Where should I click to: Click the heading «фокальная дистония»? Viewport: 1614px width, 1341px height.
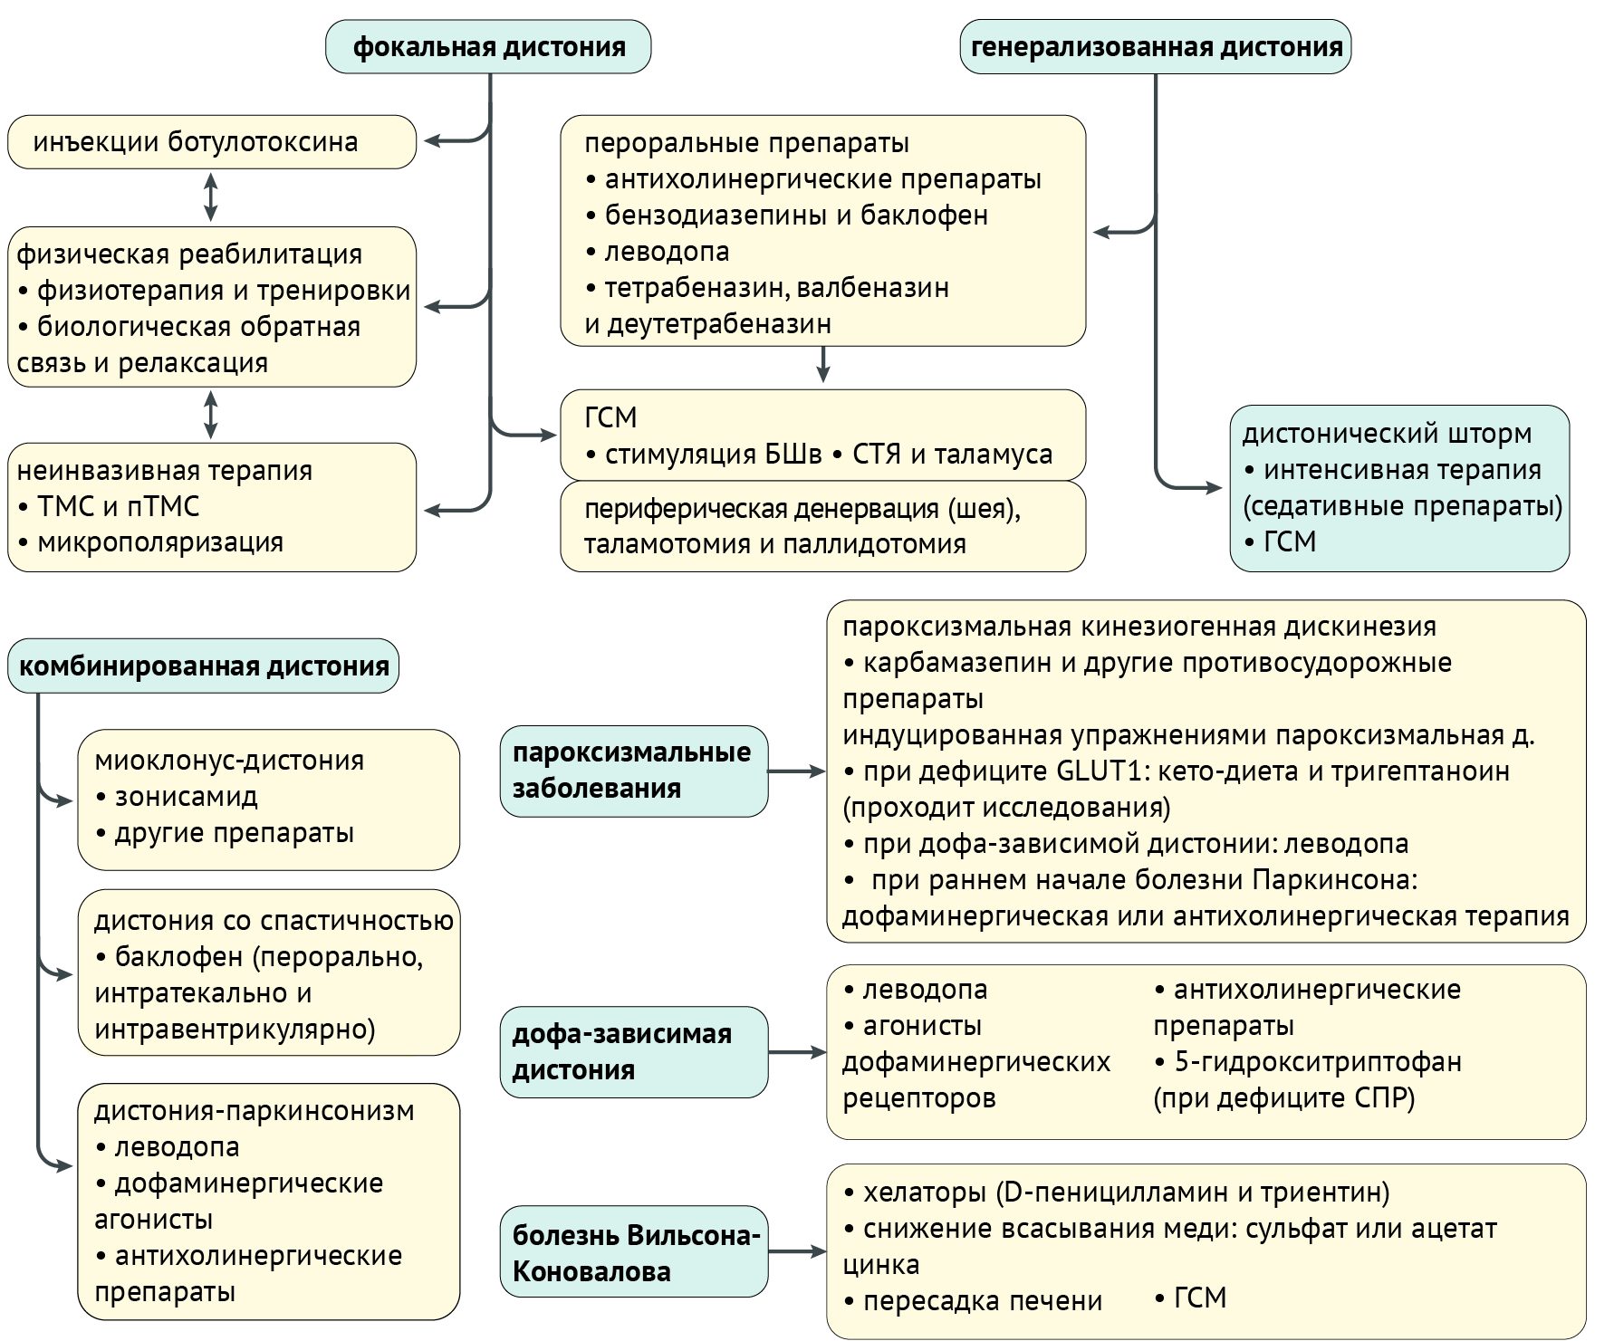pyautogui.click(x=488, y=47)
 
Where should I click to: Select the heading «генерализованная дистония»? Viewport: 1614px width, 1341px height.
pyautogui.click(x=1156, y=47)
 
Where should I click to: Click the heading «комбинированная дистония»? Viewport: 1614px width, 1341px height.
pyautogui.click(x=204, y=667)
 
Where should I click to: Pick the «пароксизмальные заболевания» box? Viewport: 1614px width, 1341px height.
pyautogui.click(x=633, y=771)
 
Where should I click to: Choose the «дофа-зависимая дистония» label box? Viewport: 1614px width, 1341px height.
pyautogui.click(x=633, y=1052)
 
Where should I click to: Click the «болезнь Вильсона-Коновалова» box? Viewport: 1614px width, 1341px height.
pyautogui.click(x=633, y=1252)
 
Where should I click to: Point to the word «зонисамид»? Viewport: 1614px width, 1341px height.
pyautogui.click(x=187, y=797)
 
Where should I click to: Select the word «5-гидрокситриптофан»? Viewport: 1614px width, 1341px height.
pyautogui.click(x=1318, y=1062)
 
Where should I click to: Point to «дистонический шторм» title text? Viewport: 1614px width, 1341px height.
pyautogui.click(x=1387, y=434)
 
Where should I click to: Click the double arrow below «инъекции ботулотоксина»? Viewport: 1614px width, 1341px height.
pyautogui.click(x=211, y=197)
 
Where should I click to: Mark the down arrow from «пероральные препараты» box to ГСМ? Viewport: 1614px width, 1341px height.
pyautogui.click(x=822, y=365)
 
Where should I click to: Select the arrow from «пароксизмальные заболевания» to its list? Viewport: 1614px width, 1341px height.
pyautogui.click(x=796, y=771)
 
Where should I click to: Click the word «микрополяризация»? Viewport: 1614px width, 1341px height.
pyautogui.click(x=160, y=543)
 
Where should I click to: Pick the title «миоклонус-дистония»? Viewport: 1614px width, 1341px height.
pyautogui.click(x=229, y=761)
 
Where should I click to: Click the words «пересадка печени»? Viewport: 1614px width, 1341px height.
pyautogui.click(x=983, y=1301)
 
